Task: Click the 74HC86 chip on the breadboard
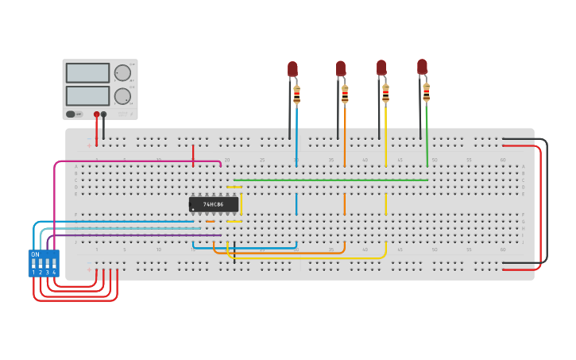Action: point(214,204)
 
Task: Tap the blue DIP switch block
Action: point(44,263)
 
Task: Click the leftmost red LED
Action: point(292,69)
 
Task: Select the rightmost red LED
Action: point(422,67)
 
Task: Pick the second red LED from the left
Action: point(341,68)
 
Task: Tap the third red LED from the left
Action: point(381,68)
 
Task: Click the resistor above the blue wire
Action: point(296,95)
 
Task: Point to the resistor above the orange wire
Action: point(345,94)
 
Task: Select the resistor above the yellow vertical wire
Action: point(385,93)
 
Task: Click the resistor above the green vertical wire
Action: point(426,92)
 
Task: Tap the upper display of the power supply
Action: point(87,73)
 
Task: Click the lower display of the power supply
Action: point(87,95)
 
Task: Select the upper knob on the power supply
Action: point(122,73)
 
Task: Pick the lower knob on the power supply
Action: point(122,96)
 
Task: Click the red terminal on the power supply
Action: point(97,114)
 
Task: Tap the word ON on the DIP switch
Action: point(35,254)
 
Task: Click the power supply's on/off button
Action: point(71,114)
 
